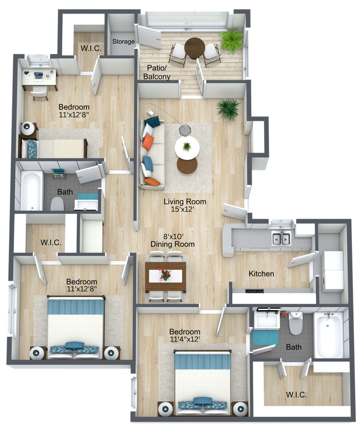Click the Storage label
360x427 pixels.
[123, 41]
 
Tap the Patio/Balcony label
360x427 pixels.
[158, 72]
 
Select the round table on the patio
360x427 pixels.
[194, 47]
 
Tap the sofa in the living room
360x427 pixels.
[151, 152]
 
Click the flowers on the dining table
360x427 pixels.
[165, 275]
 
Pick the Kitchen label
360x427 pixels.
[261, 274]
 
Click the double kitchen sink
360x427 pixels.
[279, 238]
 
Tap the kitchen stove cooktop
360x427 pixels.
[254, 291]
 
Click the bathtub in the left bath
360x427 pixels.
[32, 190]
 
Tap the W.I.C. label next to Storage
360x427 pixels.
[91, 49]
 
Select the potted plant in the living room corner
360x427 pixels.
[228, 108]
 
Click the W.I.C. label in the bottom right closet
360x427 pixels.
[296, 394]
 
